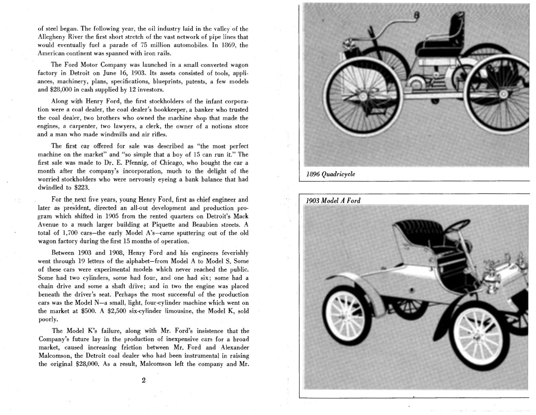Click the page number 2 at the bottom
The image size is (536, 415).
click(x=143, y=380)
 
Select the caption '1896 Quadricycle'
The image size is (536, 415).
click(x=331, y=174)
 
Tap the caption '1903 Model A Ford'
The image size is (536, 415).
click(x=333, y=200)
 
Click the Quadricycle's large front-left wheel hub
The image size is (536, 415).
click(x=363, y=96)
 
